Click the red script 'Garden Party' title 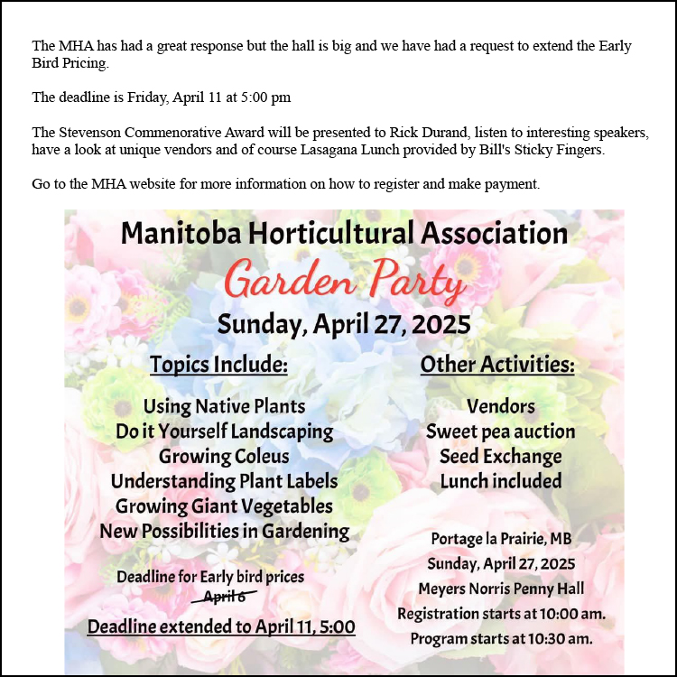click(x=345, y=281)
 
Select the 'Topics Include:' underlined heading click(x=218, y=365)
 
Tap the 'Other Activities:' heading click(x=497, y=365)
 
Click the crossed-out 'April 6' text click(x=225, y=597)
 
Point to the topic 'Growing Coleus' click(x=224, y=456)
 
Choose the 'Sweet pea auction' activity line click(x=500, y=431)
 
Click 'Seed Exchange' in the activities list click(x=500, y=456)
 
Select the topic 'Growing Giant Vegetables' click(x=224, y=506)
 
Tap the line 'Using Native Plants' click(x=224, y=406)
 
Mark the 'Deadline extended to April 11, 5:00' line click(x=221, y=626)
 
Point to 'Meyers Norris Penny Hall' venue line click(x=501, y=589)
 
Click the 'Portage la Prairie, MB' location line click(x=501, y=539)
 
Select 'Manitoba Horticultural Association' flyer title click(x=344, y=234)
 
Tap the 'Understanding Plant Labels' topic click(x=224, y=481)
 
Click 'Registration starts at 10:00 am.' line click(x=501, y=614)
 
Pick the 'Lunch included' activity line click(x=500, y=481)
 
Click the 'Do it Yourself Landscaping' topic click(x=224, y=431)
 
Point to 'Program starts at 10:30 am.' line click(x=501, y=638)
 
